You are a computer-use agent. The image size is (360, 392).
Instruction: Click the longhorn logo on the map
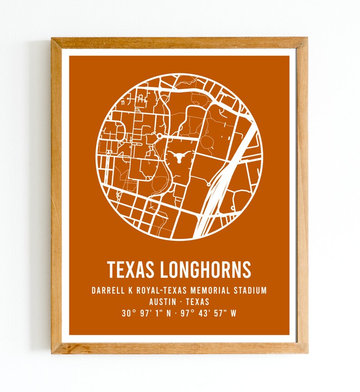[179, 158]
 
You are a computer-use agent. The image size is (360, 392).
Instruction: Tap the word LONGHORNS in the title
[205, 269]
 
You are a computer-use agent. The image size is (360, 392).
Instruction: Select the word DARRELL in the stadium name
[108, 290]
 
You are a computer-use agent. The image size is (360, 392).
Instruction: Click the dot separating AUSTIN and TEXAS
[180, 302]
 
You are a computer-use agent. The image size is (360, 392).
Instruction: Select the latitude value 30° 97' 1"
[141, 313]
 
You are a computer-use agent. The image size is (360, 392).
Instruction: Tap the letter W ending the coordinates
[233, 313]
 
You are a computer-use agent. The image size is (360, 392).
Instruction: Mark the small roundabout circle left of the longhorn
[160, 135]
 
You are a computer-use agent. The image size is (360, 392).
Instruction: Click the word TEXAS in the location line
[197, 302]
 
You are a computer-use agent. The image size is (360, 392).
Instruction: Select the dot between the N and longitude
[176, 313]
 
